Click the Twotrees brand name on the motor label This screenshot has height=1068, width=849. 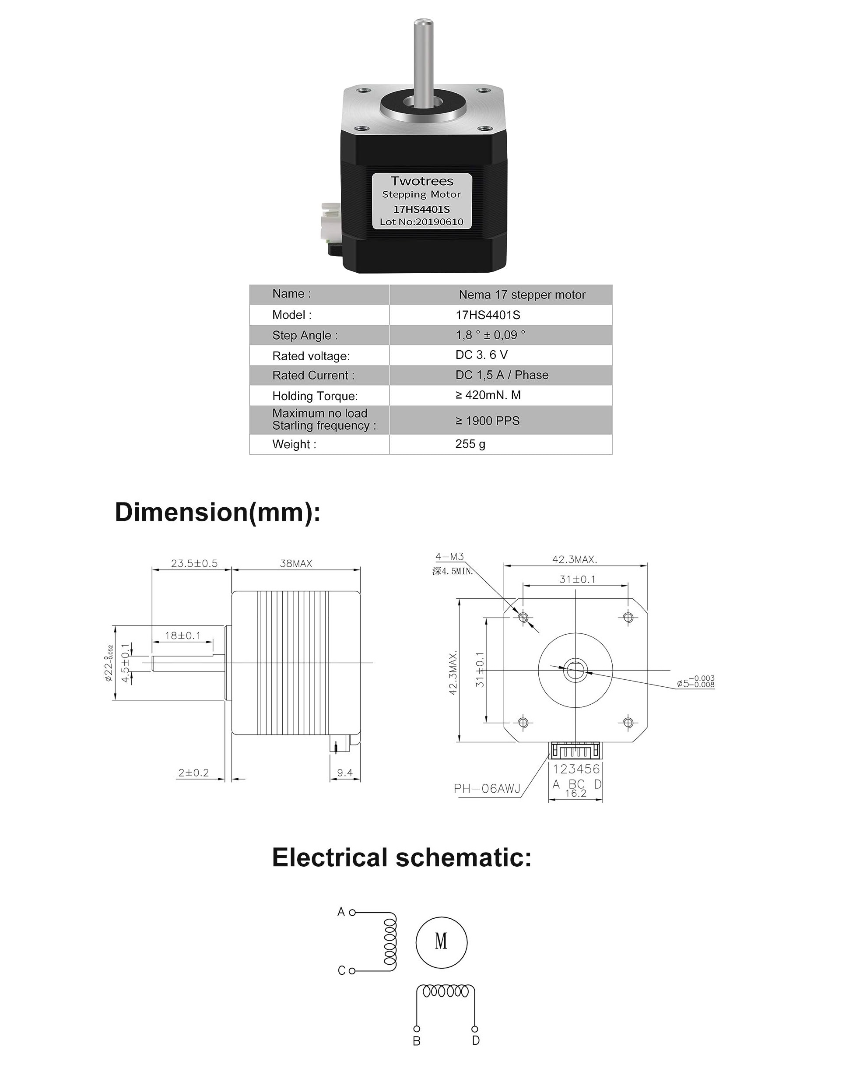tap(421, 181)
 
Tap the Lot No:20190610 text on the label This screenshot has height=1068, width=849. tap(421, 222)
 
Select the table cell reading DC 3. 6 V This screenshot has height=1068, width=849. tap(481, 355)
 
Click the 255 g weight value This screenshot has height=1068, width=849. tap(470, 444)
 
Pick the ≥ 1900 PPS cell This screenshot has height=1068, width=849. tap(488, 421)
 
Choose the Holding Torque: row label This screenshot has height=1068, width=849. tap(315, 396)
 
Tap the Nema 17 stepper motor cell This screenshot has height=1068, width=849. tap(522, 295)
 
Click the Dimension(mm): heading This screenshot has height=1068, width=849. tap(218, 512)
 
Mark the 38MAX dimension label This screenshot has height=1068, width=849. tap(296, 563)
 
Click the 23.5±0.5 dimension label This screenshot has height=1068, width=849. tap(194, 563)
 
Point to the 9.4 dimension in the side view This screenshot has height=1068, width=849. tap(345, 773)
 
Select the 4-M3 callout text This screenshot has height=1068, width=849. tap(449, 557)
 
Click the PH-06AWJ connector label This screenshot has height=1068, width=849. tap(487, 789)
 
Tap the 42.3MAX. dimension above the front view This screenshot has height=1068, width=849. tap(575, 559)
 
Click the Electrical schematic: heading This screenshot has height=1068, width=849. tap(401, 857)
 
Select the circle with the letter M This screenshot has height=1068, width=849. tap(441, 941)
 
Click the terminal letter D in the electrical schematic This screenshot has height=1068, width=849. tap(476, 1041)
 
